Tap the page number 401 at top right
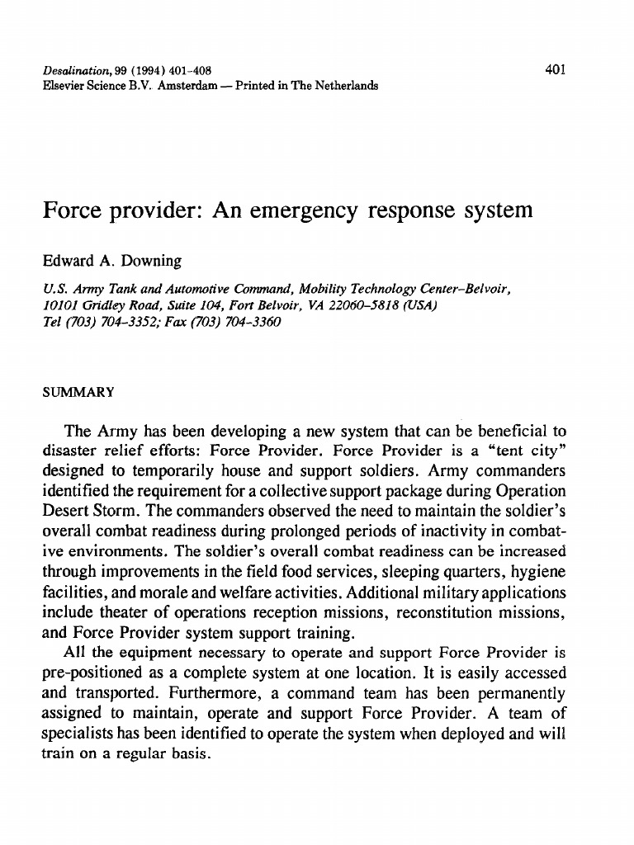pos(555,70)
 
